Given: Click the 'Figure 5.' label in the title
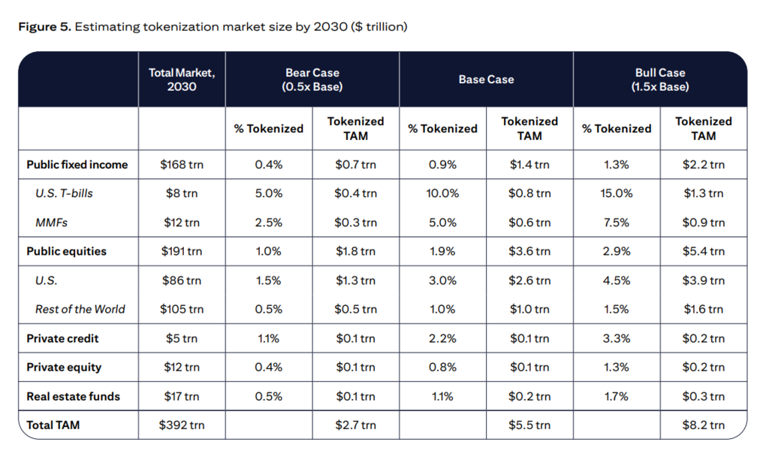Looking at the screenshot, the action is coord(45,26).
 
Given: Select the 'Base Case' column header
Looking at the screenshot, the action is coord(486,80).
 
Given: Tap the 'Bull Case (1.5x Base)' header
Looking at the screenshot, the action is coord(660,80).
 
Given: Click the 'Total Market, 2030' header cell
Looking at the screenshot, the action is coord(182,80).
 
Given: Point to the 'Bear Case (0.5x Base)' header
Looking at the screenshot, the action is coord(312,80).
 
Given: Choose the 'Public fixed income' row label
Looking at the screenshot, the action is coord(77,165).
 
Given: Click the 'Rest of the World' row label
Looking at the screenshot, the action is coord(80,309).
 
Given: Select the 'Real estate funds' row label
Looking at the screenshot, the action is coord(73,396).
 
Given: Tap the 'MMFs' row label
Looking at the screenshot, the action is coord(51,222).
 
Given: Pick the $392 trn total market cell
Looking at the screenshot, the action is coord(182,425).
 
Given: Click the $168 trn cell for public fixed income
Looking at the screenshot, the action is coord(182,165).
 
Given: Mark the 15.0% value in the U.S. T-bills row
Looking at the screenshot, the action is coord(616,193).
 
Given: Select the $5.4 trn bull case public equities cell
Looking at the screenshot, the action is coord(703,251).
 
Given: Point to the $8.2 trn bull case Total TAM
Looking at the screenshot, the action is coord(703,425).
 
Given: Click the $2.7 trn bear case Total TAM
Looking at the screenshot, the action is coord(355,425).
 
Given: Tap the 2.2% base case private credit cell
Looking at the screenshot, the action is coord(442,338).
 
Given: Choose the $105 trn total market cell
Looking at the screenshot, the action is coord(182,309).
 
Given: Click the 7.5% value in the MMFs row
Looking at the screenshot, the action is coord(616,222).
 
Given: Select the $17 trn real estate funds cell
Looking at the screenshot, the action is coord(182,396).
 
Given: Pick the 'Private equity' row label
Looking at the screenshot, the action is coord(64,368).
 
